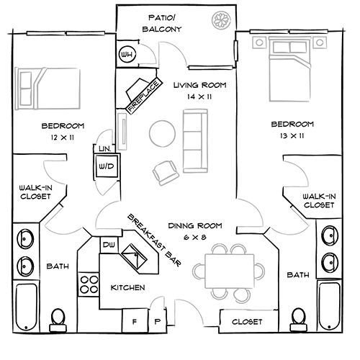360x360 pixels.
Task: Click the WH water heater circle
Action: pyautogui.click(x=127, y=54)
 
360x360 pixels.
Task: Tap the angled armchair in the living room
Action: pyautogui.click(x=165, y=171)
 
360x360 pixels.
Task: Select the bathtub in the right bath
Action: pyautogui.click(x=330, y=304)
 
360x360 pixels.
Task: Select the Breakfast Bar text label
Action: pyautogui.click(x=154, y=239)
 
